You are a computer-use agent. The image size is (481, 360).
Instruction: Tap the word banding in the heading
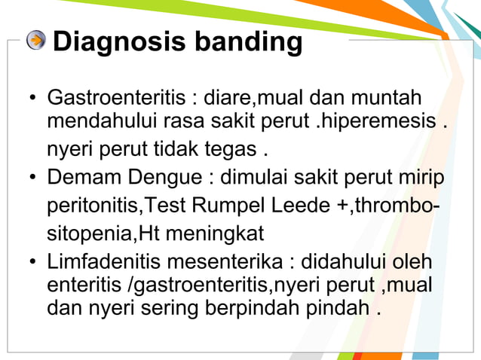point(248,41)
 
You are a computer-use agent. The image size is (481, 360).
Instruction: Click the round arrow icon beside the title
point(35,40)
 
